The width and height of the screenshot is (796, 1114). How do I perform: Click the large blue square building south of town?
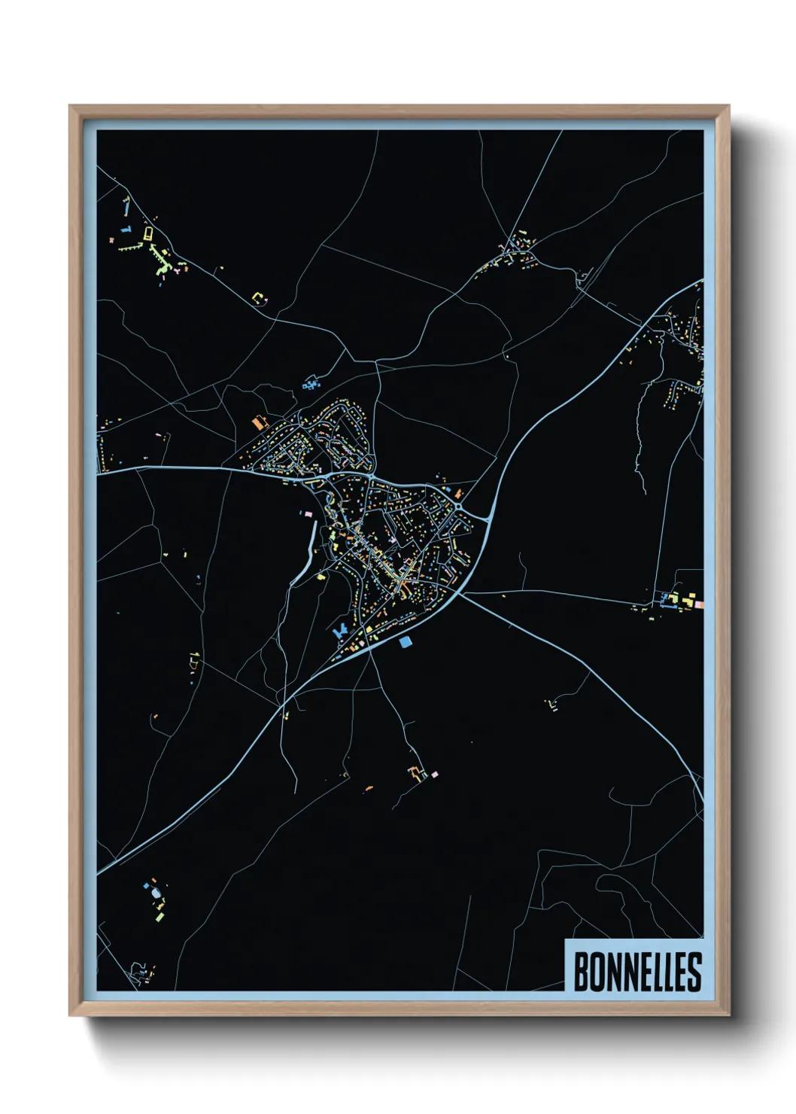point(406,642)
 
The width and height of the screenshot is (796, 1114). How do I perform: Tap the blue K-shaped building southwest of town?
point(340,630)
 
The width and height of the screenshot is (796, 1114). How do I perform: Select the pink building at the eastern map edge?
point(699,604)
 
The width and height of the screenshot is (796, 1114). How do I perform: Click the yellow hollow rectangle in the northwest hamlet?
point(148,233)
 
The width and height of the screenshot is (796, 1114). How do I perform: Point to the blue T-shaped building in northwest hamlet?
point(126,228)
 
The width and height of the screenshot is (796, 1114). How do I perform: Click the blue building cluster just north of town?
point(311,385)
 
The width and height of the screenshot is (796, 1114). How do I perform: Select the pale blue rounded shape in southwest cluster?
point(156,893)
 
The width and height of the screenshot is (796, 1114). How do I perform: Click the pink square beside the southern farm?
point(434,774)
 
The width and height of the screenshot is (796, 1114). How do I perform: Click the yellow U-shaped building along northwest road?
point(259,299)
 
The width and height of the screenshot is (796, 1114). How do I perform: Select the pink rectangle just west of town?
point(308,513)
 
